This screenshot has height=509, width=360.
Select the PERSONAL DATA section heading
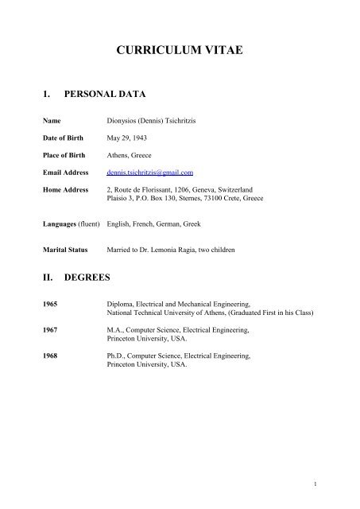[106, 94]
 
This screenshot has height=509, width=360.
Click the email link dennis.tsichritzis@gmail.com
[149, 172]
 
